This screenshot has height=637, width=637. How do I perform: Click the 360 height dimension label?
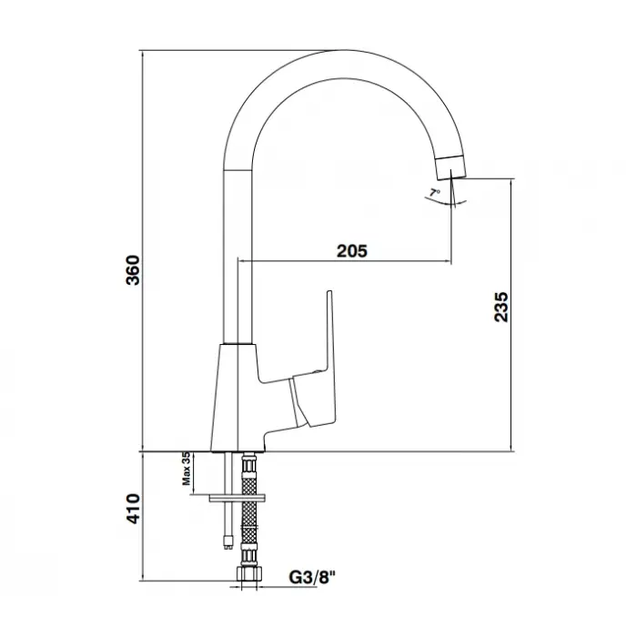tap(133, 270)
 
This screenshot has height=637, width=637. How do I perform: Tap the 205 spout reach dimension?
tap(352, 251)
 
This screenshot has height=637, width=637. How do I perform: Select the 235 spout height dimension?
tap(500, 307)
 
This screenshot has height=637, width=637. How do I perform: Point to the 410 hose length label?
tap(133, 509)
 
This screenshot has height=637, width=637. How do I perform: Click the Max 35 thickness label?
tap(186, 469)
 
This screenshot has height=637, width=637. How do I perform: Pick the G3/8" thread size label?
tap(313, 577)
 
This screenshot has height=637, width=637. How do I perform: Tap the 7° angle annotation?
tap(435, 192)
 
